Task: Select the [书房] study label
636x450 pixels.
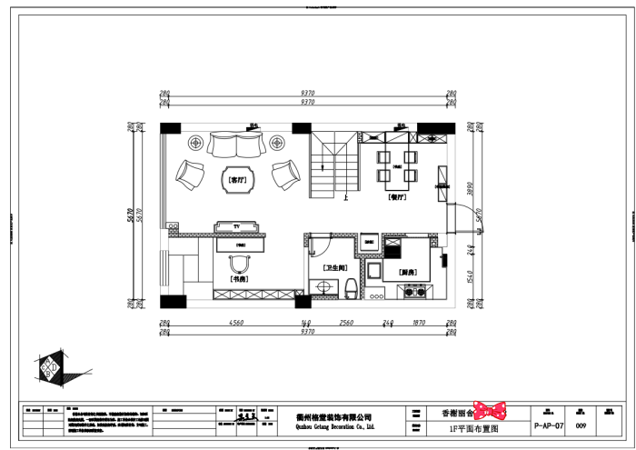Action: click(239, 279)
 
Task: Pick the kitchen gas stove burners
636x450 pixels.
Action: click(413, 292)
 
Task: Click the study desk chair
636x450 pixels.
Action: click(239, 262)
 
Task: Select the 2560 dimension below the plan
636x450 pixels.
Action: click(346, 322)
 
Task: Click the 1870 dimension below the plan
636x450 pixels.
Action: click(419, 322)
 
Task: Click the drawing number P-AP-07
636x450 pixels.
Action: click(549, 425)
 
